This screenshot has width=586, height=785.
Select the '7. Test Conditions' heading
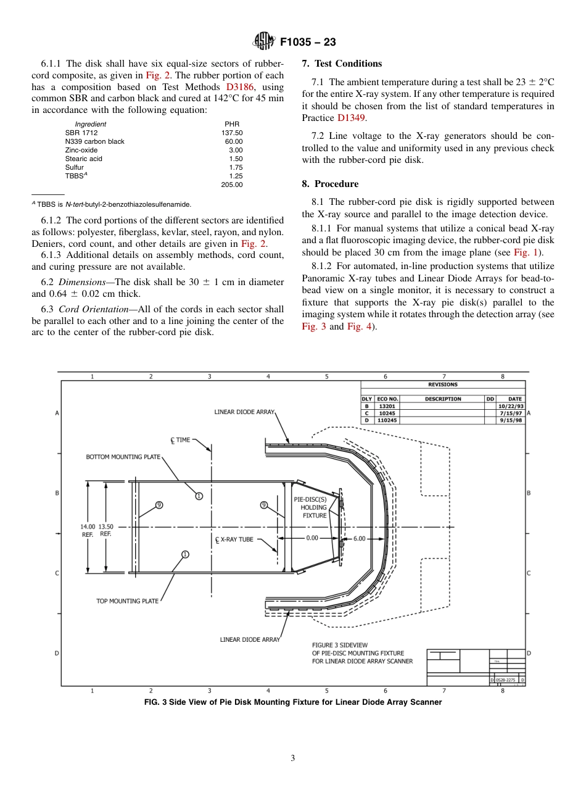tap(342, 64)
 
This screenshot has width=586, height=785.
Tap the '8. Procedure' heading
tap(330, 184)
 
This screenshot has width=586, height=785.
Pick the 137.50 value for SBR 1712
tap(232, 133)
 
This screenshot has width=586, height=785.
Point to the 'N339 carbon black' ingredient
tap(94, 141)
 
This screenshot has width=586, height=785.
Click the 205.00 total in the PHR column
tap(232, 185)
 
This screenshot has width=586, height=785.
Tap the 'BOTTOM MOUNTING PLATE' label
tap(123, 457)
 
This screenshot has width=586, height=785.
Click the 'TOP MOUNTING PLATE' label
tap(127, 601)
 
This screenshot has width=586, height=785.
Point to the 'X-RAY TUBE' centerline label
tap(234, 539)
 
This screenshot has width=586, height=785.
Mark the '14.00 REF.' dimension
tap(88, 531)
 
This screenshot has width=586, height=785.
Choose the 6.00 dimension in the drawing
tap(359, 538)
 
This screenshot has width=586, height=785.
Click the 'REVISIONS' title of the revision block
tap(443, 384)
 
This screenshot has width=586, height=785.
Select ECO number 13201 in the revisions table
tap(387, 406)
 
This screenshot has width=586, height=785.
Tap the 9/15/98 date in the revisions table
tap(510, 420)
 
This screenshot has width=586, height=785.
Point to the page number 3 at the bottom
tap(292, 758)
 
